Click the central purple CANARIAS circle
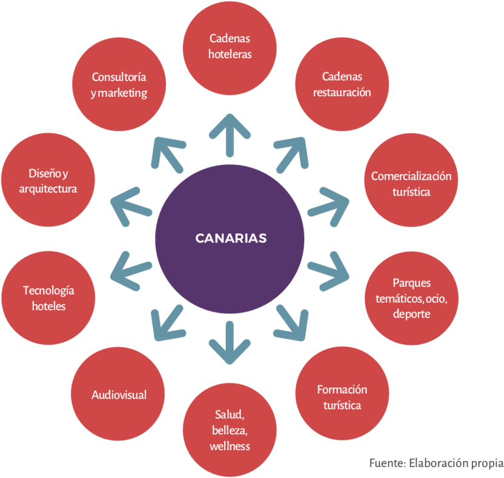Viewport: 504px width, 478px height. coord(230,238)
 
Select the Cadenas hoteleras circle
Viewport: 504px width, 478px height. coord(230,47)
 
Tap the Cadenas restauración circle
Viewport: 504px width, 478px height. coord(342,85)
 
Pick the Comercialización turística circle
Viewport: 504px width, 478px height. coord(411,184)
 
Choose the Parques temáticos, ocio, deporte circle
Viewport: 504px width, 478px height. coord(411,298)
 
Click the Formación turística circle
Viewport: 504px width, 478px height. coord(342,397)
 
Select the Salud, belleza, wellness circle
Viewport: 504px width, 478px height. coord(230,430)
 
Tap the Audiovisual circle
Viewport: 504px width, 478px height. coord(119,394)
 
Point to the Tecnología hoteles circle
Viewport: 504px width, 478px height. coord(48,298)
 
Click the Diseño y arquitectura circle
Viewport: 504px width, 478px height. coord(48,180)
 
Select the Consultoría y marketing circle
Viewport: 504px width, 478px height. coord(119,85)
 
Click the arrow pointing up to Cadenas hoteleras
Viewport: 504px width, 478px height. coord(230,134)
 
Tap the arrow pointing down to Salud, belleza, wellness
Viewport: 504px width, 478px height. coord(230,342)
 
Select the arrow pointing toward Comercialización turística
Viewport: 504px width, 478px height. coord(328,202)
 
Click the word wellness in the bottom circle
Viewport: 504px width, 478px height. coord(230,446)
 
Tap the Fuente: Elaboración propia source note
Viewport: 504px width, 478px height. coord(436,463)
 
